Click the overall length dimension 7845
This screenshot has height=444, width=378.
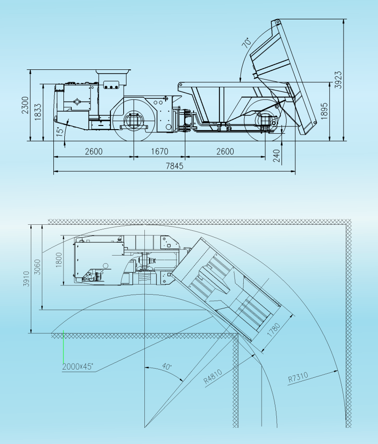point(175,166)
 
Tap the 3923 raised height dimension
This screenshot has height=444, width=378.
point(338,80)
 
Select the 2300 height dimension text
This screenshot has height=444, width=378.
point(25,105)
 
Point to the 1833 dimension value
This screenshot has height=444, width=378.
point(38,112)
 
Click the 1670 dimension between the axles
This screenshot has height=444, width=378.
point(160,152)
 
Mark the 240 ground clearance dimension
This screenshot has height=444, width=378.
point(277,156)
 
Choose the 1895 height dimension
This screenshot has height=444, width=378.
point(325,111)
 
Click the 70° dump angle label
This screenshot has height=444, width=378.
point(246,42)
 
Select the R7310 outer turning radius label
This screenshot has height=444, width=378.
point(298,377)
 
